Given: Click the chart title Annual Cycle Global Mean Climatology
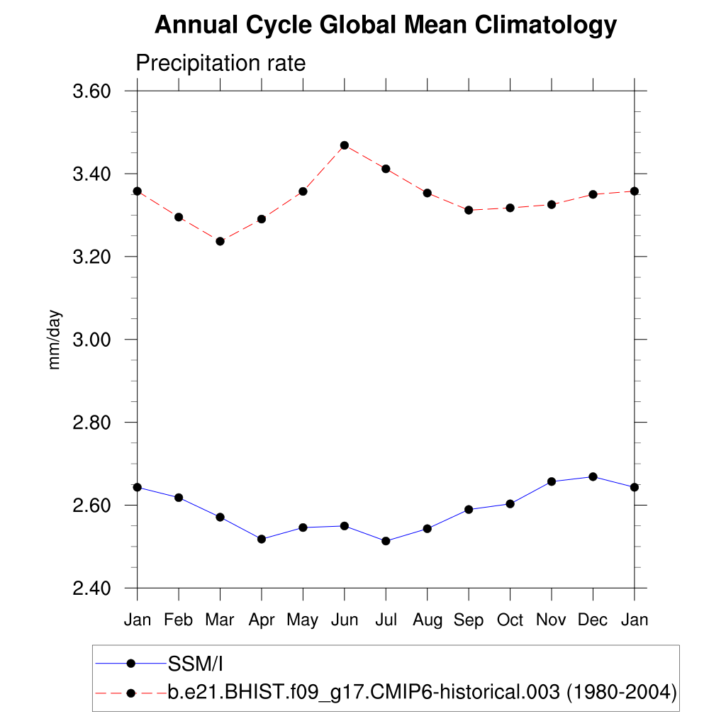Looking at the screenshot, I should point(386,26).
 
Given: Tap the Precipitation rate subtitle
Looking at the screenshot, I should point(220,63).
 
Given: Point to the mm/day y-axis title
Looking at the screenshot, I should point(55,340).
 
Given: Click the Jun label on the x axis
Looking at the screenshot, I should point(344,620).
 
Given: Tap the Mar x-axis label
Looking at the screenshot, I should point(220,620).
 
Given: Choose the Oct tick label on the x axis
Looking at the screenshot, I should point(510,620).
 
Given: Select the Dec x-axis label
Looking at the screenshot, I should point(593,620).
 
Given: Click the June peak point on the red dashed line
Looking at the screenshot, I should point(345,145).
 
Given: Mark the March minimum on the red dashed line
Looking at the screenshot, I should point(220,241).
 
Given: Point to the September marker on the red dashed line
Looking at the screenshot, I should point(469,210).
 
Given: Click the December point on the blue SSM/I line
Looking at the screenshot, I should point(593,476).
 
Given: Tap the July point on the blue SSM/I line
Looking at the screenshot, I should point(386,541).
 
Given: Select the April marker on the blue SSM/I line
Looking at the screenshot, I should point(262,539).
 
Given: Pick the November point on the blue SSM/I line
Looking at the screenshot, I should point(552,481).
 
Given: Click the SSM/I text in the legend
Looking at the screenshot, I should point(196,664).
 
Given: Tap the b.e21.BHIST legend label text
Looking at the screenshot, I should point(422,692).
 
